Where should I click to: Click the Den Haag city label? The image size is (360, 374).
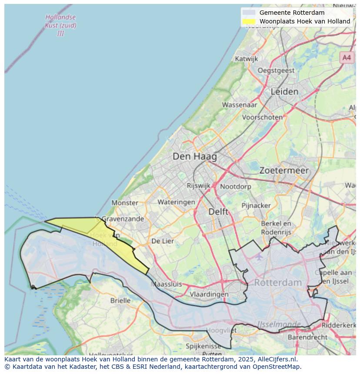(x=194, y=156)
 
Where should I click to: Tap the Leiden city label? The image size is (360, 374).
(x=284, y=92)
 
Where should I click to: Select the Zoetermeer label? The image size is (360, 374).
(x=284, y=171)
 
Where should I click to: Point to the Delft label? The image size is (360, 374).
(x=218, y=212)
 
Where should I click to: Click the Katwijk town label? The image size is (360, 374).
(x=247, y=59)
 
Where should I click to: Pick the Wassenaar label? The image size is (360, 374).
(x=240, y=105)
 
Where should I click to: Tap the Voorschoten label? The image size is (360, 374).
(x=262, y=117)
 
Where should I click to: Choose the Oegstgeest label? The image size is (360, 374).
(x=276, y=70)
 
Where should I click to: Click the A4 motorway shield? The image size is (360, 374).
(x=346, y=57)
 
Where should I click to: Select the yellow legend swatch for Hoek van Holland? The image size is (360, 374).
(x=249, y=21)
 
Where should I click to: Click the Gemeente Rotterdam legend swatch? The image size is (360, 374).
(x=249, y=13)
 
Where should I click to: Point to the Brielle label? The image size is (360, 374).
(x=120, y=300)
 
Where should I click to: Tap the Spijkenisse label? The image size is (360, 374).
(x=203, y=346)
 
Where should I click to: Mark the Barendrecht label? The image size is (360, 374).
(x=308, y=337)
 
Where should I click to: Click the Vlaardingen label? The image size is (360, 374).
(x=209, y=294)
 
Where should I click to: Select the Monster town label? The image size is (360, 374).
(x=125, y=202)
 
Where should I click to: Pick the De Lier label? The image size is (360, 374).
(x=163, y=241)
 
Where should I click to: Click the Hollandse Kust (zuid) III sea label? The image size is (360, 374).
(x=60, y=25)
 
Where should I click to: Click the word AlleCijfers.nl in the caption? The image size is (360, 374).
(x=277, y=360)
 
